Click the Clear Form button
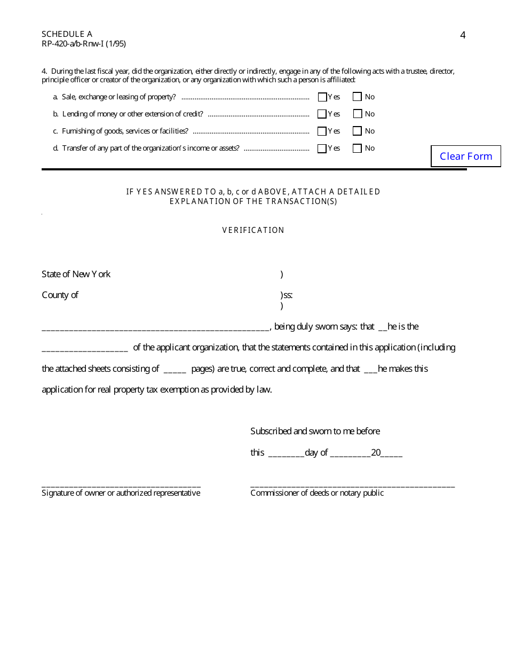tap(466, 156)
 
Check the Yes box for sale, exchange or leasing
tap(322, 97)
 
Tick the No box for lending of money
tap(358, 114)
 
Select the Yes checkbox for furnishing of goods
tap(322, 131)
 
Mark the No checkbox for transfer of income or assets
tap(358, 148)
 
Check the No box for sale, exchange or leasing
tap(358, 97)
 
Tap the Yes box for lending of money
tap(322, 114)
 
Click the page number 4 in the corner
tap(463, 35)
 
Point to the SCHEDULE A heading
tap(67, 34)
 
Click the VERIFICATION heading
tap(253, 230)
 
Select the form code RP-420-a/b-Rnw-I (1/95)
tap(84, 44)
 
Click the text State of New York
tap(76, 274)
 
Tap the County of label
tap(60, 295)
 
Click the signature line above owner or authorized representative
tap(121, 485)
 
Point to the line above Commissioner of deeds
tap(352, 485)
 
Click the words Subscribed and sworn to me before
tap(315, 431)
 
